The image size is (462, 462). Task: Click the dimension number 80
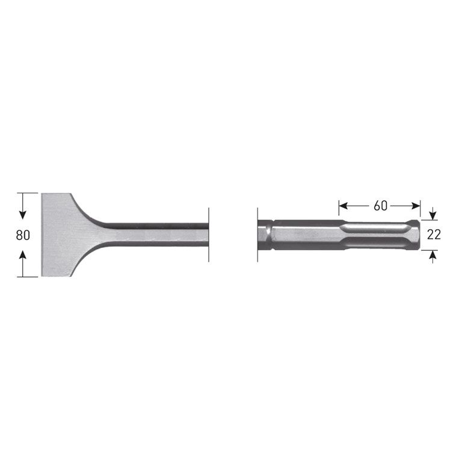coord(23,235)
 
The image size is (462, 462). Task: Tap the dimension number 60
coord(380,206)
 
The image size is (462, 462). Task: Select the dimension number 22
coord(434,235)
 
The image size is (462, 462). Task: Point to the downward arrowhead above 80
coord(23,214)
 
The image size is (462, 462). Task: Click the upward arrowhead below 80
coord(23,256)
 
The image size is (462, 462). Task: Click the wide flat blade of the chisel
coord(57,235)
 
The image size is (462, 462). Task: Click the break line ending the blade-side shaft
coord(209,235)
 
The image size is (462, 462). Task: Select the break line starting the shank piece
coord(257,235)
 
